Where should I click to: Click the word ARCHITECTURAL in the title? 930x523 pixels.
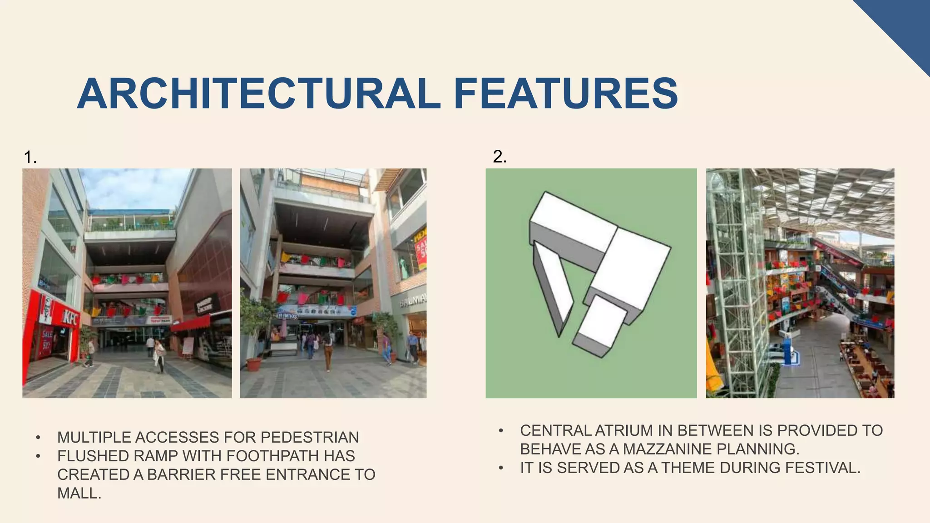259,94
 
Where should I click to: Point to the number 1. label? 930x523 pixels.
30,158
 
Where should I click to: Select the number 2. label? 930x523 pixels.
500,157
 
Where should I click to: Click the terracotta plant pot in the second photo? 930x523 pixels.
253,364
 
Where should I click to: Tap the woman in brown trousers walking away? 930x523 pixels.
327,352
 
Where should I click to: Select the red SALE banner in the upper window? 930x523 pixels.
421,254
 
